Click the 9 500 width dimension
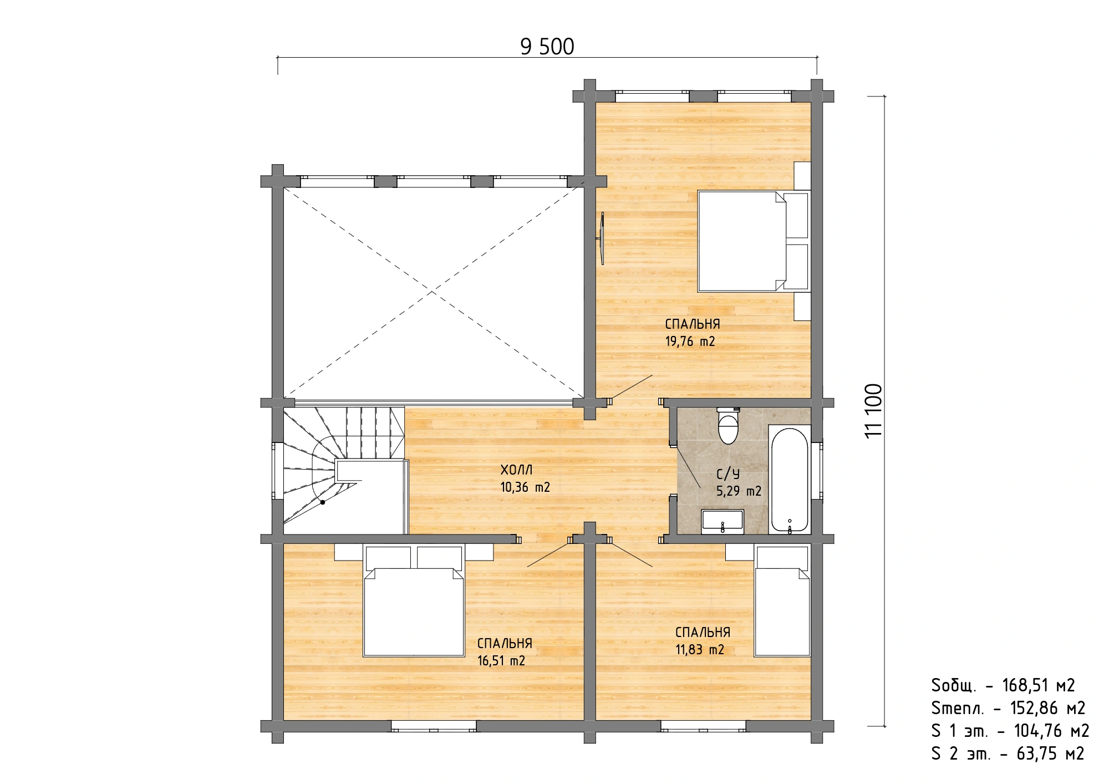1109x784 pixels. tap(547, 47)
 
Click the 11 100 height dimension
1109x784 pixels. tap(873, 410)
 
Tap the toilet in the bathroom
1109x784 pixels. tap(728, 425)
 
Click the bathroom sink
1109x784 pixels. tap(723, 522)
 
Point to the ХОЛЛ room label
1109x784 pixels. tap(516, 470)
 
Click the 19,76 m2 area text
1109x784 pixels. tap(690, 342)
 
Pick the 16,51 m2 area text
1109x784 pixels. tap(501, 661)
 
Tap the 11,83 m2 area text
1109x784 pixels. tap(700, 650)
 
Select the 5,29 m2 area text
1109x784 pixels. tap(739, 491)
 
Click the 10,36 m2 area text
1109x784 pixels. tap(525, 487)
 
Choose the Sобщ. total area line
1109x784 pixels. tap(1003, 686)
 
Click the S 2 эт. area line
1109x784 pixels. tap(1008, 754)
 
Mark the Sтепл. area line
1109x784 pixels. tap(1008, 709)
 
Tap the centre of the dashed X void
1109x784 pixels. tap(434, 292)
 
